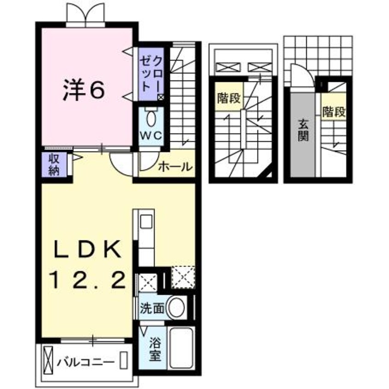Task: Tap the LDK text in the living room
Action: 88,249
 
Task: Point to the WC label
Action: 151,136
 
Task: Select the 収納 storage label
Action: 54,164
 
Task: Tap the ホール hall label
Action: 175,166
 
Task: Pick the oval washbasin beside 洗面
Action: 177,307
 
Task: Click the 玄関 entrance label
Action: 303,130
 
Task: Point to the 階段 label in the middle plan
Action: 229,98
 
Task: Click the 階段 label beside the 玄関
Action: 334,112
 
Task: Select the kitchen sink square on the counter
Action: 146,222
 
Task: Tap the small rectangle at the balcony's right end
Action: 123,360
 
